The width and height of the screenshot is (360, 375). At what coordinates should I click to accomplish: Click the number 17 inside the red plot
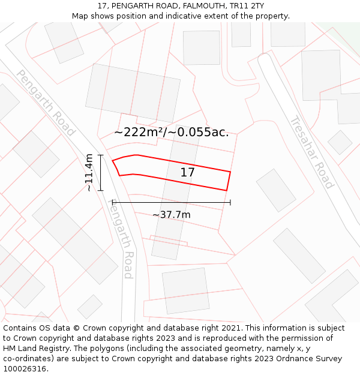coord(187,173)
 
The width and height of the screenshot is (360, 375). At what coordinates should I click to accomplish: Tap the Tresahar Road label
coord(311,152)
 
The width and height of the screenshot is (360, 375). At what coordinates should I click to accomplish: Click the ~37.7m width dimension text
coord(171,215)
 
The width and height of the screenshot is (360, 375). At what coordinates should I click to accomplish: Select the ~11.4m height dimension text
coord(89,173)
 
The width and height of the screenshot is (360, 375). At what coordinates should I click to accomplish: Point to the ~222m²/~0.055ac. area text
coord(171,132)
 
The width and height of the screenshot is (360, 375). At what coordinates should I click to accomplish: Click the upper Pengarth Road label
coord(46,103)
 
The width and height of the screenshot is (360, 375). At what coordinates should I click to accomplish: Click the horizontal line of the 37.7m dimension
coord(171,203)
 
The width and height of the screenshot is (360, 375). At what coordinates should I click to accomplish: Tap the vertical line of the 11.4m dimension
coord(101,173)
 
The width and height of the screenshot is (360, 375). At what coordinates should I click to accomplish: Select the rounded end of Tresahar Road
coord(265,59)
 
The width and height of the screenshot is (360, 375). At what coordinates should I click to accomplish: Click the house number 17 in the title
coord(101,6)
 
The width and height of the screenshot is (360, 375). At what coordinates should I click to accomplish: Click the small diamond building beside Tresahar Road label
coord(340,142)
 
